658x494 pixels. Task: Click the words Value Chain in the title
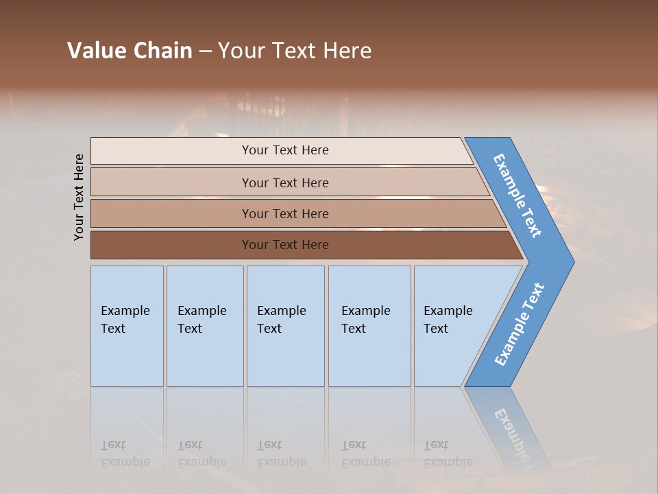click(x=130, y=51)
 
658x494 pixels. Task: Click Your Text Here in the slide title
click(x=295, y=51)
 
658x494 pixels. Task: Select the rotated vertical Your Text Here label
click(x=80, y=197)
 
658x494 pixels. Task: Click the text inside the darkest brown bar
click(x=285, y=245)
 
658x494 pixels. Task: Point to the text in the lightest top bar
click(x=285, y=150)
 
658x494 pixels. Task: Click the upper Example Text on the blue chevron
click(x=517, y=196)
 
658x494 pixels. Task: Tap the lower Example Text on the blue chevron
click(x=520, y=325)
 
